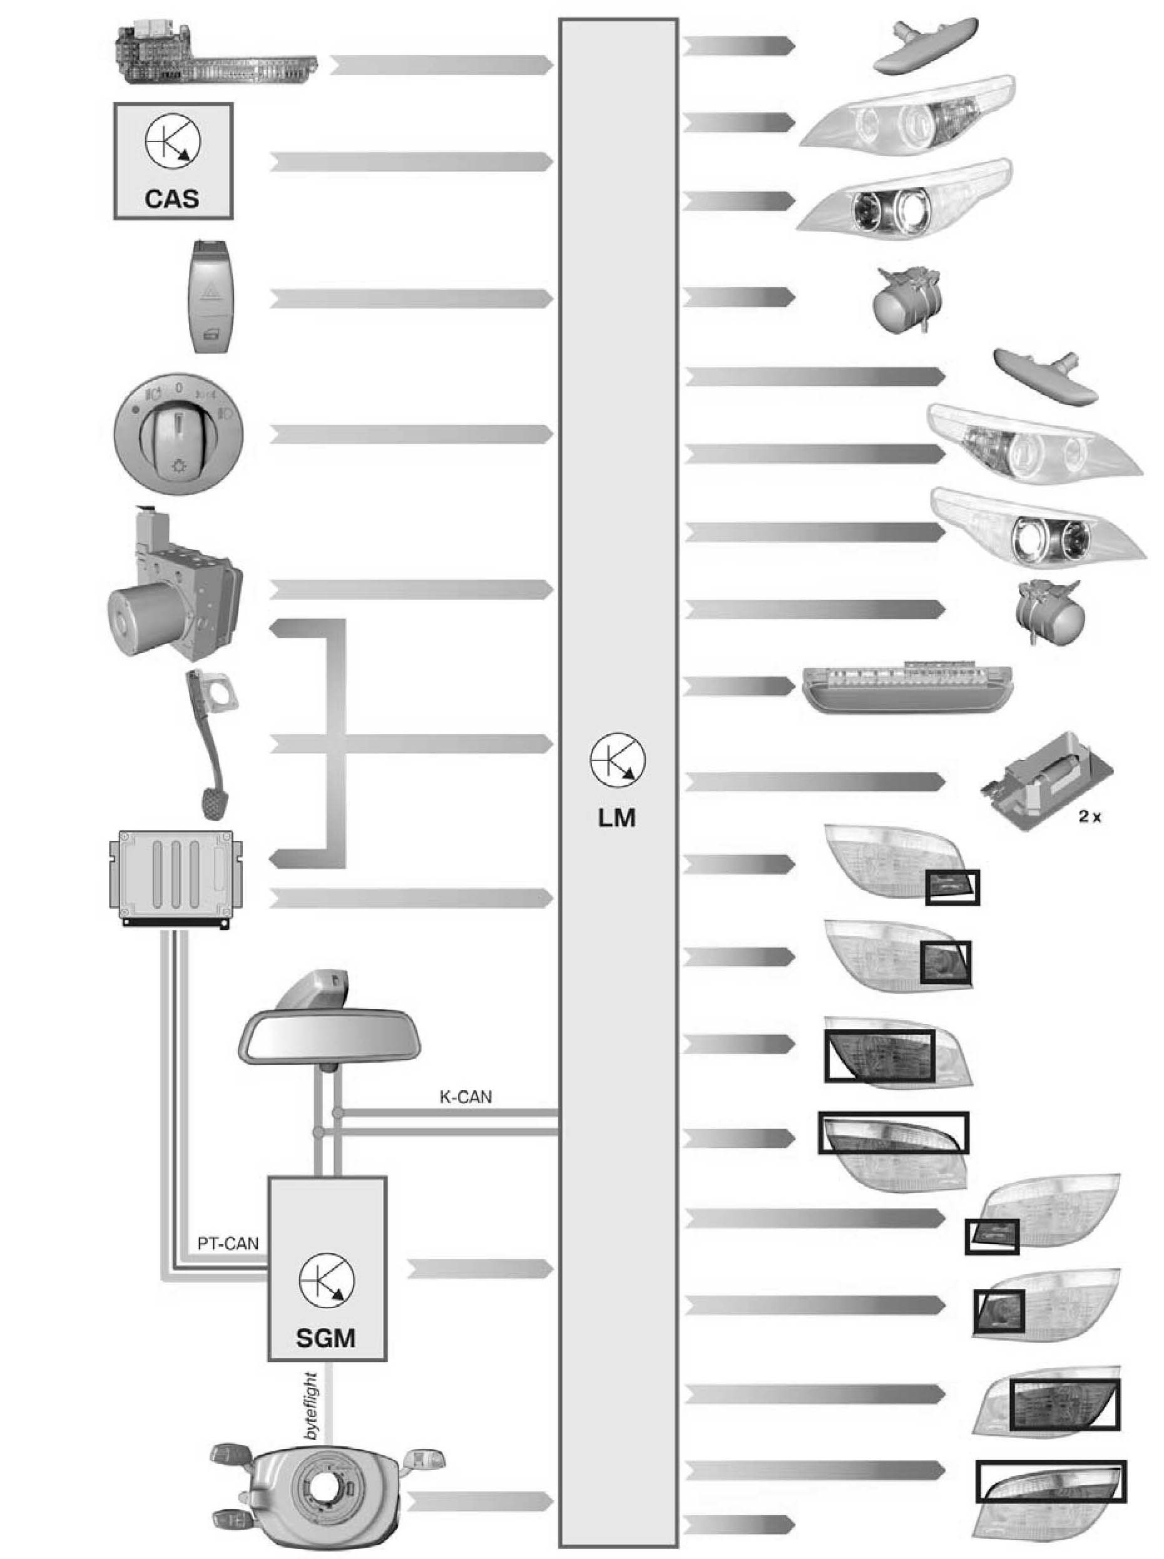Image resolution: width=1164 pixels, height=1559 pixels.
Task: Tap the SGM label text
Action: (x=325, y=1336)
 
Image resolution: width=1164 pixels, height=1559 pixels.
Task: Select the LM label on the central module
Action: (x=616, y=817)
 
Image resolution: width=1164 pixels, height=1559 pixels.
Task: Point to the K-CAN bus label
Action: (x=465, y=1097)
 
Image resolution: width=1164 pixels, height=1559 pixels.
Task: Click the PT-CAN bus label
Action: (x=228, y=1244)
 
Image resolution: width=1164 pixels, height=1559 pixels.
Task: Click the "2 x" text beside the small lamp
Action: (x=1090, y=817)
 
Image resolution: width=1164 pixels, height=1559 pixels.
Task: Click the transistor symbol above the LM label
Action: (x=617, y=761)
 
